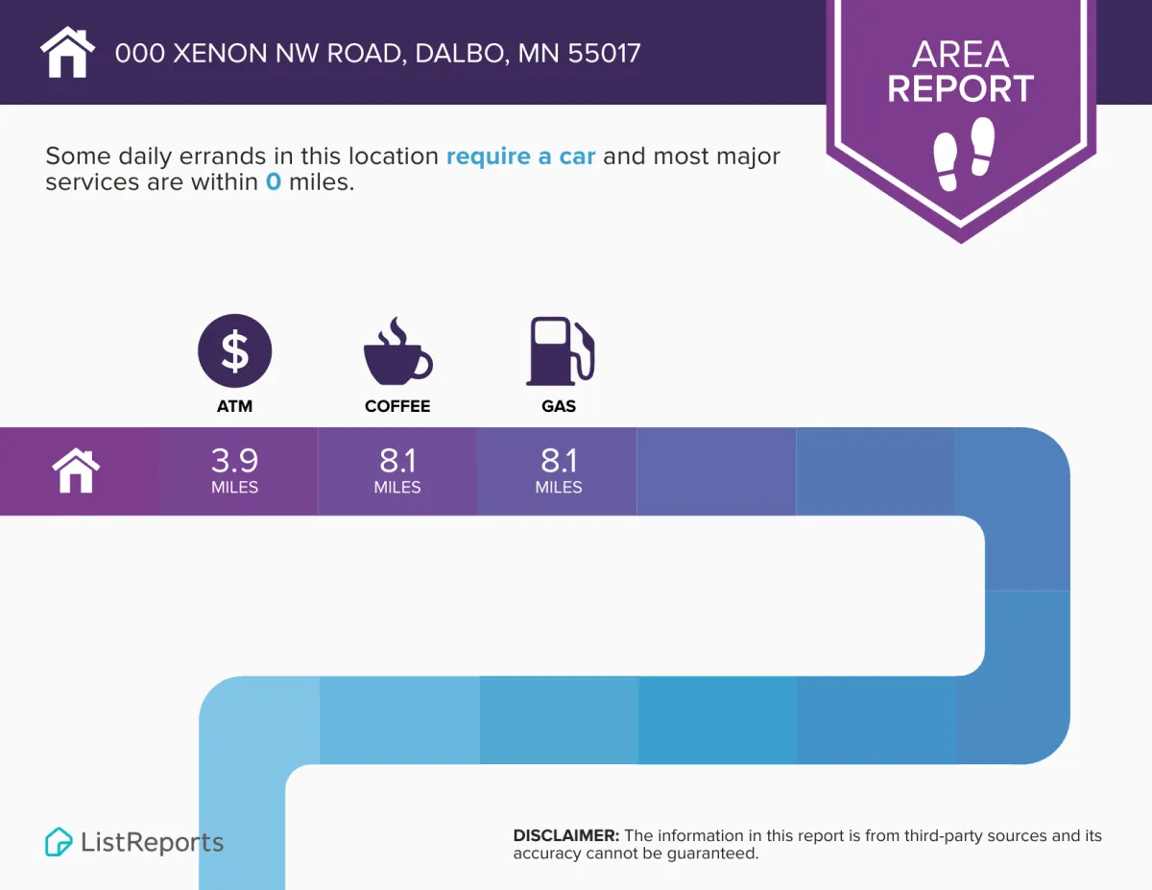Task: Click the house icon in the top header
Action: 67,52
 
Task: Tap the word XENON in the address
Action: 221,54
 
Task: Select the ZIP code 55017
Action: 604,54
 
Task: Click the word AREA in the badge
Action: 960,55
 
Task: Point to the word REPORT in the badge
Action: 960,88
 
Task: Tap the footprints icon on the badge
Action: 964,154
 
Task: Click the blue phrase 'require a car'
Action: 520,156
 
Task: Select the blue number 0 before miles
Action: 273,181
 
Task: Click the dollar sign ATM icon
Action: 235,350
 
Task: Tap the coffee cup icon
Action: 397,351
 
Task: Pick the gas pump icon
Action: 560,350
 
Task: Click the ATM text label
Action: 234,406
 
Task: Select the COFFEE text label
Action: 397,406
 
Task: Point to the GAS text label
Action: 559,406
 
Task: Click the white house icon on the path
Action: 76,470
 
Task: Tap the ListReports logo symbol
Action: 59,842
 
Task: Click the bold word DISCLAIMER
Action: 565,835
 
